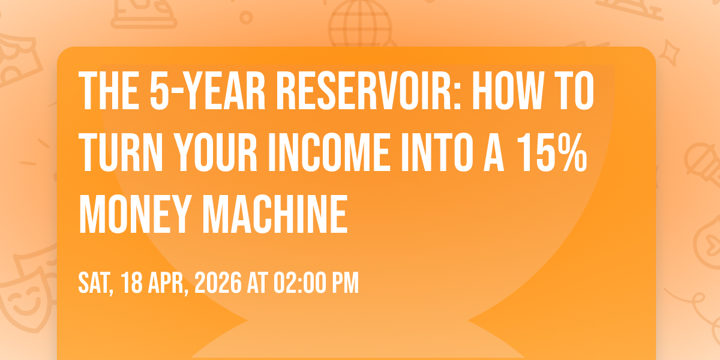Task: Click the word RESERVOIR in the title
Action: (x=368, y=91)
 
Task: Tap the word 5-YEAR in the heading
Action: (x=208, y=91)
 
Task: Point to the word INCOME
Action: (x=330, y=152)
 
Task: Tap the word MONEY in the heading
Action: (x=136, y=214)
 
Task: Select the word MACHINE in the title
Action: (x=275, y=214)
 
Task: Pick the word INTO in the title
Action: (x=437, y=152)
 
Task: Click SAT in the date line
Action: (x=96, y=283)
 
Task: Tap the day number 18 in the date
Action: (x=132, y=283)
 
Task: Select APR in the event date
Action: (x=168, y=283)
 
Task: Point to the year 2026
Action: (x=218, y=283)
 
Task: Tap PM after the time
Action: (x=345, y=283)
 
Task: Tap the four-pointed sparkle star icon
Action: (x=670, y=53)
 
